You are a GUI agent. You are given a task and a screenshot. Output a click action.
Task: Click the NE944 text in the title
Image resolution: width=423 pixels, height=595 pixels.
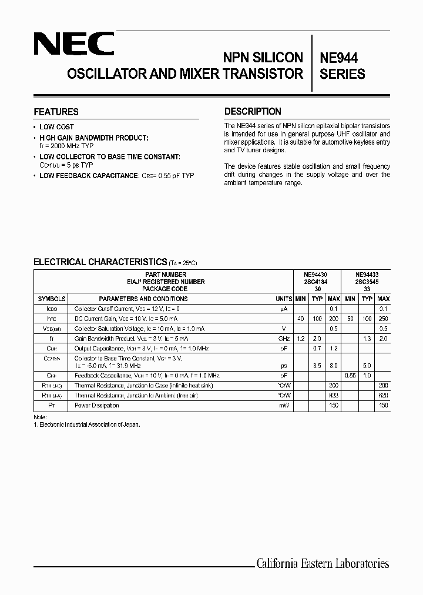click(x=338, y=58)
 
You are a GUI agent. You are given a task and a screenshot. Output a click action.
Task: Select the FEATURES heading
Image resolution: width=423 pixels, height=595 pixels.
click(x=56, y=112)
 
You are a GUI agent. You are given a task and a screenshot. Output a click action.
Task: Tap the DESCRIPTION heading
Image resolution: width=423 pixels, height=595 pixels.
click(x=253, y=111)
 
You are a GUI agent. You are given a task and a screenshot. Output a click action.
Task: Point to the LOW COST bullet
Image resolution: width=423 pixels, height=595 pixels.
click(x=56, y=126)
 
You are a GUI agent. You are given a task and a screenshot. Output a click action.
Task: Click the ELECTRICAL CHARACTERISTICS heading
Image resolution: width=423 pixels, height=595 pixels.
click(x=100, y=262)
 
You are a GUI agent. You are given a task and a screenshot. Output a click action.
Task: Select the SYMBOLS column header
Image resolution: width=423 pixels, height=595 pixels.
click(x=51, y=299)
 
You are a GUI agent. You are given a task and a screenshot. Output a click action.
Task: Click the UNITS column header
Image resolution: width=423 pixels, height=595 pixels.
click(x=284, y=299)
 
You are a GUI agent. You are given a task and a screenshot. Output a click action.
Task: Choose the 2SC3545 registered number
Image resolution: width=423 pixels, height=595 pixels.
click(x=367, y=282)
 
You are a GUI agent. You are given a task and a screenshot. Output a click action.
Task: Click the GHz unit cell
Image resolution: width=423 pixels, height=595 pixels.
click(x=284, y=339)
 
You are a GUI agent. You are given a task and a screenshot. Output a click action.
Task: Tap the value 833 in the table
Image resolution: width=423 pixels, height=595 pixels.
click(x=334, y=396)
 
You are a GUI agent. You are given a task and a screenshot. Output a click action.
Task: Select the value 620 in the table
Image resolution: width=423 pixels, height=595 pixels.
click(x=384, y=396)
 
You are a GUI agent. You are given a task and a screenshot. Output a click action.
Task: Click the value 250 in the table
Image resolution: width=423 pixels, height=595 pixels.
click(x=384, y=318)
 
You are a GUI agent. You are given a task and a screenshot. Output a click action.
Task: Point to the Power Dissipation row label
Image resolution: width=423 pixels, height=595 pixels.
click(x=96, y=405)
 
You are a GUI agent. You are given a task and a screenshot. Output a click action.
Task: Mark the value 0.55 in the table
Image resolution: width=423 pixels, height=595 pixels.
click(x=350, y=375)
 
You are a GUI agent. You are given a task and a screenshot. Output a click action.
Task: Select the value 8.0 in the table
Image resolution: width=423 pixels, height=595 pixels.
click(x=334, y=365)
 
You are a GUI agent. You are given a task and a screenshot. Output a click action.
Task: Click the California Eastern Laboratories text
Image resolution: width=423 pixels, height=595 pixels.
click(x=323, y=563)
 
